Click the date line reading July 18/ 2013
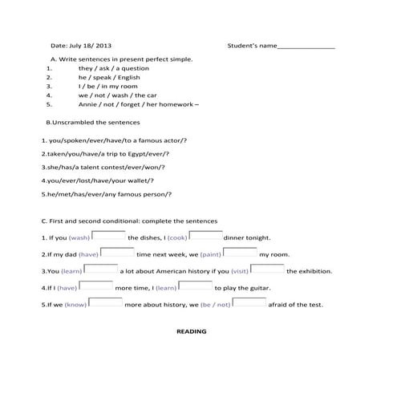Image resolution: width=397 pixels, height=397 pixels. tap(81, 46)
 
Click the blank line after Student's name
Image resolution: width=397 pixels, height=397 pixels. tap(306, 47)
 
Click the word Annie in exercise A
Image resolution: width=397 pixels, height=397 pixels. tap(87, 104)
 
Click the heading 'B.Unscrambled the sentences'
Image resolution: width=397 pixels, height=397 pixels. tap(94, 123)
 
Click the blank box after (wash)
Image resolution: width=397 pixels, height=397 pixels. tap(109, 236)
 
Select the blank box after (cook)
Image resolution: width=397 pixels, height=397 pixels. tap(206, 236)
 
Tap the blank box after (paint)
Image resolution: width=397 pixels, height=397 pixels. tap(240, 253)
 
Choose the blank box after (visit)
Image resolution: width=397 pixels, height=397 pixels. tap(268, 269)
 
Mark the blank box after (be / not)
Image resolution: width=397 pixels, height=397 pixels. tap(249, 303)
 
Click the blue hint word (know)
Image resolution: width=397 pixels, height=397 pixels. tap(75, 305)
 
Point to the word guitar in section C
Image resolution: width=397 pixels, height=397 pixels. tap(259, 288)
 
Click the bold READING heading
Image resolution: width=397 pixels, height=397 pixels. tap(191, 331)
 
